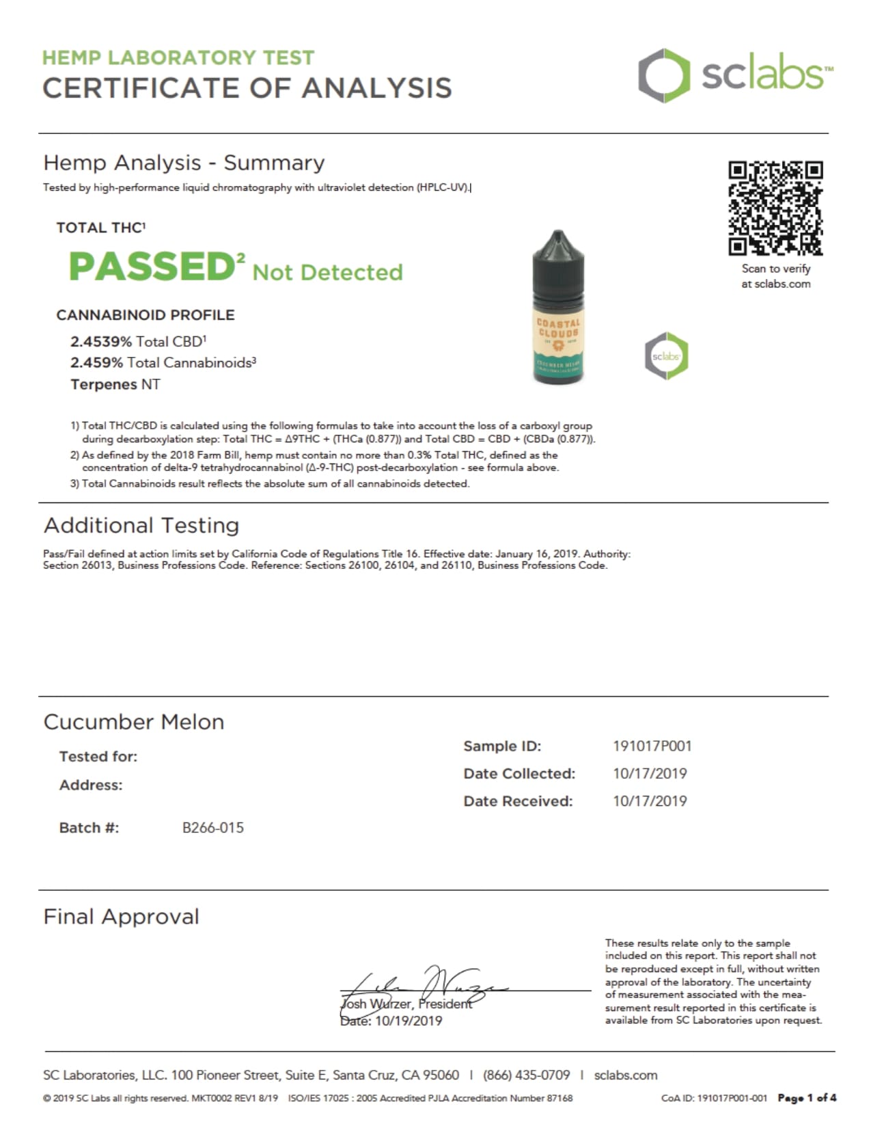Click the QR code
pos(775,208)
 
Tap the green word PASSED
pos(152,266)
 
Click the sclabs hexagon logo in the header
pos(660,75)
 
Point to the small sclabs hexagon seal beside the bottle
pos(666,355)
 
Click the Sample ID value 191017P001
pos(652,746)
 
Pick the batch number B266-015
pos(212,827)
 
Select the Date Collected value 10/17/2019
pos(650,773)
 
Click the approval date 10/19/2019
pos(408,1021)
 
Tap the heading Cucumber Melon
pos(134,722)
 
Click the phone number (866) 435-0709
pos(526,1075)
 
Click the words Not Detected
pos(327,272)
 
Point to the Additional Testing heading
pos(141,525)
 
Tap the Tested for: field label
pos(98,756)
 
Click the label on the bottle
pos(558,345)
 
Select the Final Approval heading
pos(122,916)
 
